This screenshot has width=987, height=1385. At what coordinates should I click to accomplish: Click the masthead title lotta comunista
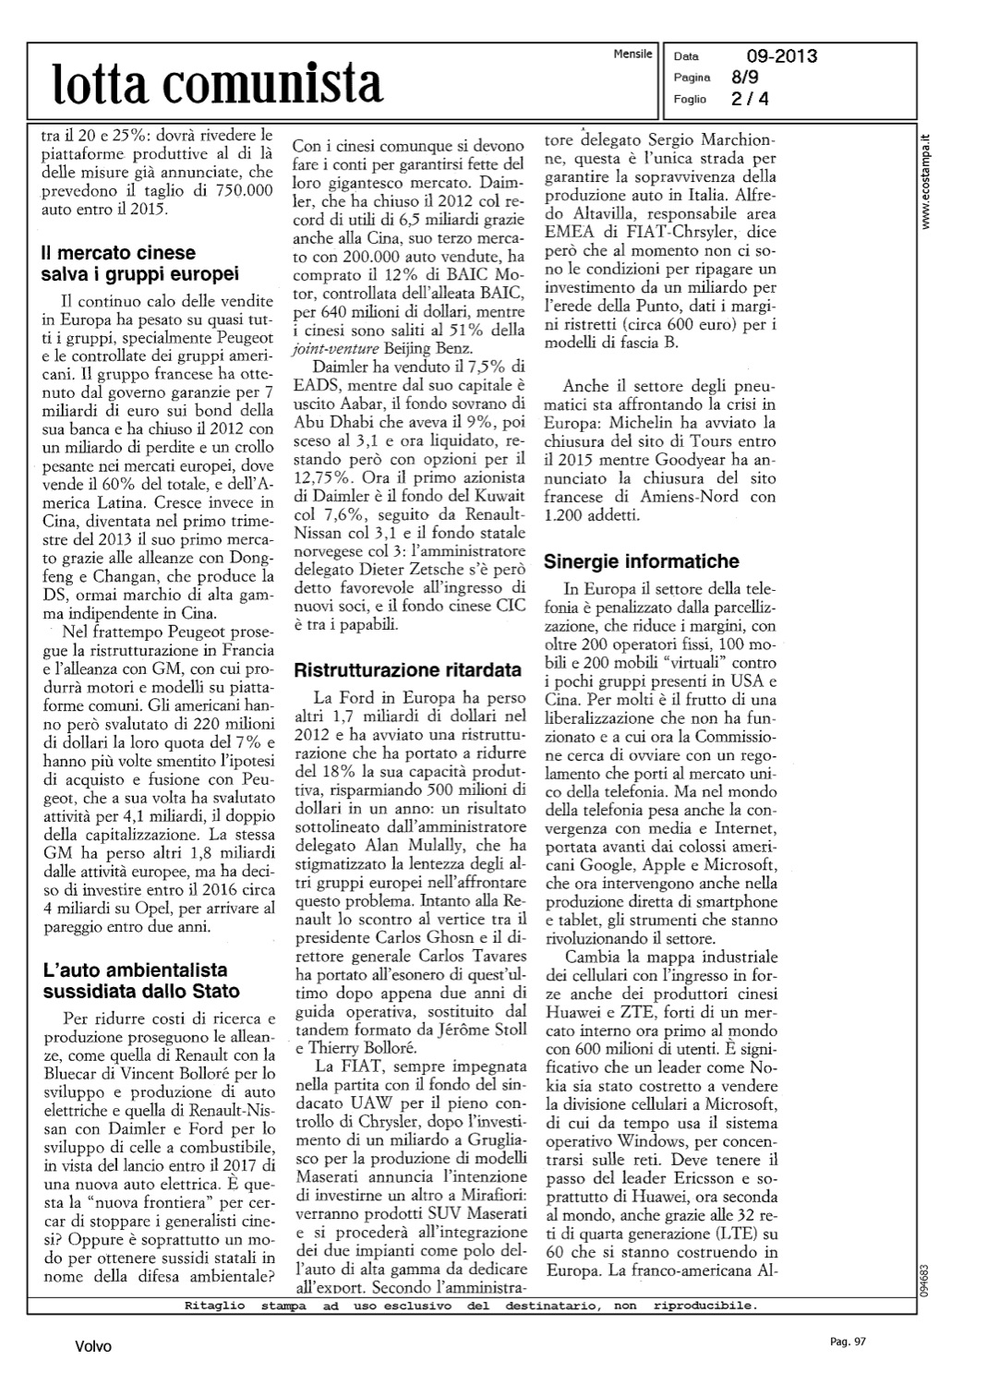click(x=218, y=84)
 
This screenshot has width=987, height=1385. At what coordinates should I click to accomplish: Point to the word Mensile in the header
click(x=632, y=55)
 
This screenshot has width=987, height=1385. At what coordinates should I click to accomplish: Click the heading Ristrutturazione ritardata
click(x=407, y=669)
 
